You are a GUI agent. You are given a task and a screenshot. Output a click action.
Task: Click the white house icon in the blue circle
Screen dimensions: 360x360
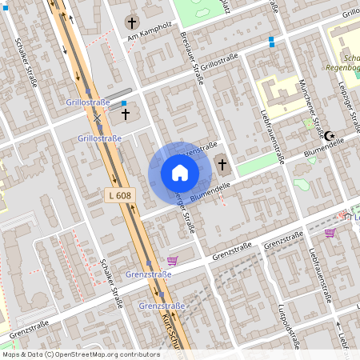pyautogui.click(x=180, y=173)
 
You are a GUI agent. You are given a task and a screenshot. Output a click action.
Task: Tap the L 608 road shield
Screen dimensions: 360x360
pyautogui.click(x=118, y=195)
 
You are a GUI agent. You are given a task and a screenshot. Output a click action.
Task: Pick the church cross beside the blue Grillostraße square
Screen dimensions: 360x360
pyautogui.click(x=125, y=115)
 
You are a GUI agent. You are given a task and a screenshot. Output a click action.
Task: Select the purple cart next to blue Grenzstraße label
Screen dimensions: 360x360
pyautogui.click(x=172, y=262)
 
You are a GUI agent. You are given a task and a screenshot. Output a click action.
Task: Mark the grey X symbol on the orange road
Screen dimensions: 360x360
pyautogui.click(x=97, y=118)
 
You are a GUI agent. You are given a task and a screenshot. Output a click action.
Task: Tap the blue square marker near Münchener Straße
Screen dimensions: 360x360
pyautogui.click(x=272, y=39)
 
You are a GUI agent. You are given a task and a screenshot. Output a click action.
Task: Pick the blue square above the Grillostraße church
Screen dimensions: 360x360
pyautogui.click(x=123, y=103)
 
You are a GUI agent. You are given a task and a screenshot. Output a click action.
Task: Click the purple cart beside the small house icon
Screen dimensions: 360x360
pyautogui.click(x=330, y=234)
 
